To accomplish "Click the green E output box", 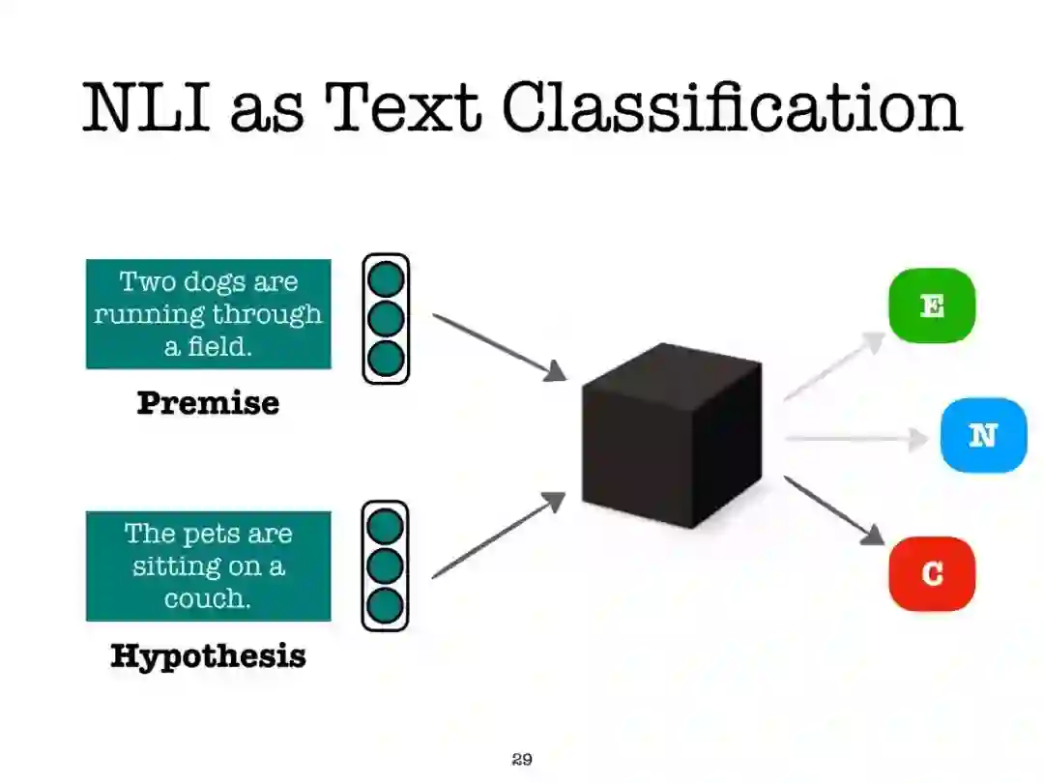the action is pyautogui.click(x=932, y=305).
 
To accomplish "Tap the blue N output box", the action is pyautogui.click(x=983, y=435).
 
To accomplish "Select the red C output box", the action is pyautogui.click(x=932, y=573).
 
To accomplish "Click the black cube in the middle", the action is pyautogui.click(x=671, y=435).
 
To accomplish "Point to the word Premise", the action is pyautogui.click(x=208, y=402).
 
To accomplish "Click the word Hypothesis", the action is pyautogui.click(x=208, y=655).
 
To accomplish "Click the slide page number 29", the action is pyautogui.click(x=522, y=759).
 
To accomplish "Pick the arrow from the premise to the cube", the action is pyautogui.click(x=497, y=346).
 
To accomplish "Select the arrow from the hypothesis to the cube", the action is pyautogui.click(x=497, y=536).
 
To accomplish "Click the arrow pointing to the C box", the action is pyautogui.click(x=833, y=509).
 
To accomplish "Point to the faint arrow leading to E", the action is pyautogui.click(x=833, y=366).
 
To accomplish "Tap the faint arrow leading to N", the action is pyautogui.click(x=855, y=439).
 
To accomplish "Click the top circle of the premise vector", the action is pyautogui.click(x=387, y=278).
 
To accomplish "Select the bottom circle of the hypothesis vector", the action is pyautogui.click(x=386, y=605).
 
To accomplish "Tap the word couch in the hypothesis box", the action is pyautogui.click(x=207, y=597).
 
